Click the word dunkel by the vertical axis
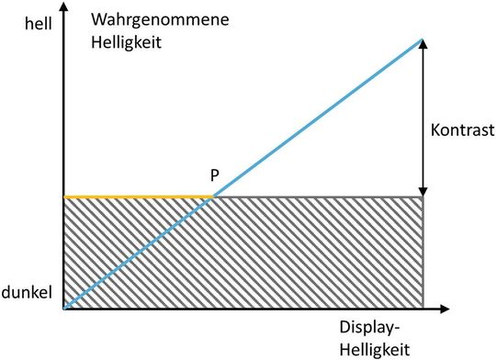click(28, 292)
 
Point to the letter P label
click(214, 175)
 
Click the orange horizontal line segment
click(138, 197)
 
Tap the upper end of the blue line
click(423, 39)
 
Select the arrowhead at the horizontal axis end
click(450, 308)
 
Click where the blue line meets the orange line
click(214, 197)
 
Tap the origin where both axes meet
click(63, 308)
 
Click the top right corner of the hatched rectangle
click(423, 197)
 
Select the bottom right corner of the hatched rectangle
click(423, 308)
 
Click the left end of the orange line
click(64, 197)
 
